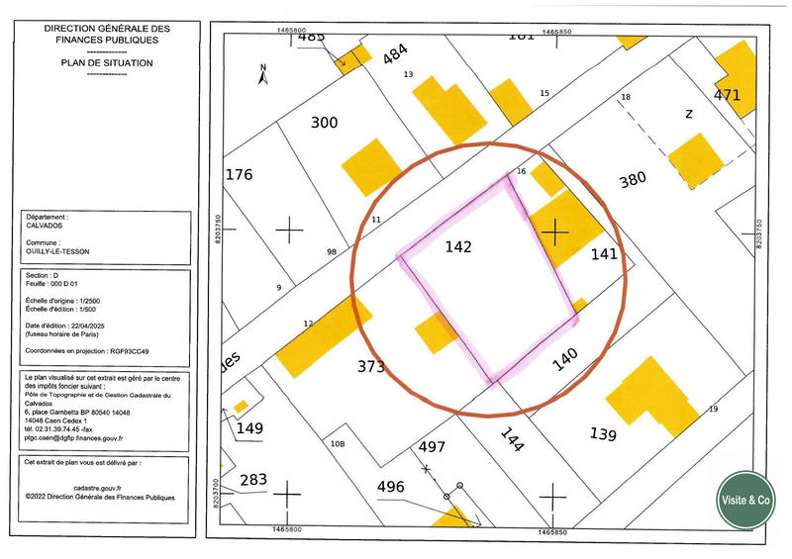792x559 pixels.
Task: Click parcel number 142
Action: click(x=457, y=246)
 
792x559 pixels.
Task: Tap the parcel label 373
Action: click(x=370, y=367)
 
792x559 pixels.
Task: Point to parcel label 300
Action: click(x=324, y=123)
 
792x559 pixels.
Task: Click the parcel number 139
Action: click(x=602, y=434)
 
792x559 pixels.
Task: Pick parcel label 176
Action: click(x=240, y=175)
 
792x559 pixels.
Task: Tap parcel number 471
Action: click(x=727, y=96)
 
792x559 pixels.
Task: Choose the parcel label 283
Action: click(x=253, y=480)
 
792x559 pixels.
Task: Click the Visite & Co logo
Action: click(x=744, y=501)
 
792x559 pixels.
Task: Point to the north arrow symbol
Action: click(x=263, y=72)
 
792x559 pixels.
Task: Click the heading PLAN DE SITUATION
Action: click(x=107, y=62)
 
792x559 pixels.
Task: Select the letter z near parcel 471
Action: click(x=688, y=114)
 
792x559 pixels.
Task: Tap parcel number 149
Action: click(x=250, y=428)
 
